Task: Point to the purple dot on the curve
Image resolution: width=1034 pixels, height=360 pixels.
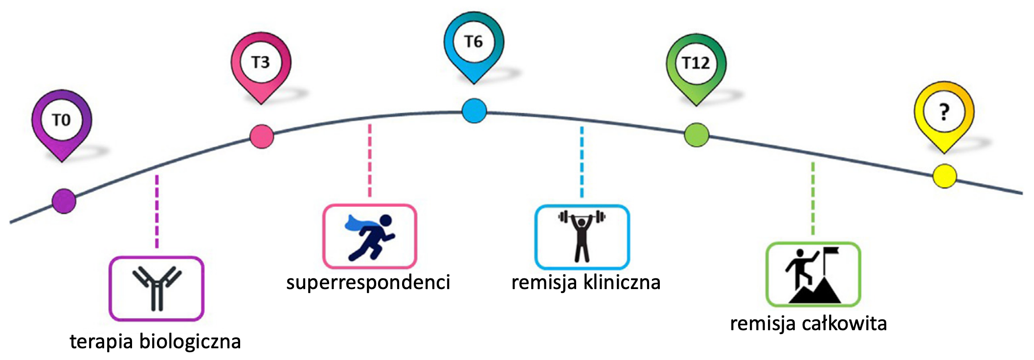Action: click(64, 201)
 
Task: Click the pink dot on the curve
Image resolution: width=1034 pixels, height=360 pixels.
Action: click(262, 136)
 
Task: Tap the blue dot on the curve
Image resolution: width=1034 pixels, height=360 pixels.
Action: click(474, 111)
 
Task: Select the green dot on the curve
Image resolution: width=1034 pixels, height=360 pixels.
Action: click(696, 135)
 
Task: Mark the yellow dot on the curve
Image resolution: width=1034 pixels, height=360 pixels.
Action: click(944, 176)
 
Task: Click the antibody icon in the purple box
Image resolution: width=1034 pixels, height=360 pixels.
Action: click(157, 289)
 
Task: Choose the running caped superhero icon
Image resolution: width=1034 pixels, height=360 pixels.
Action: click(370, 237)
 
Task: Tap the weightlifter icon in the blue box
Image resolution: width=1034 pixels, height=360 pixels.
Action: click(582, 237)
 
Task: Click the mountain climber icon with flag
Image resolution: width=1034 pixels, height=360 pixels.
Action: click(813, 275)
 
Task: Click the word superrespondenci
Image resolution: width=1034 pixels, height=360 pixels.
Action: click(368, 283)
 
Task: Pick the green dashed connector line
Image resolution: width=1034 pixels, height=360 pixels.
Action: click(813, 199)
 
